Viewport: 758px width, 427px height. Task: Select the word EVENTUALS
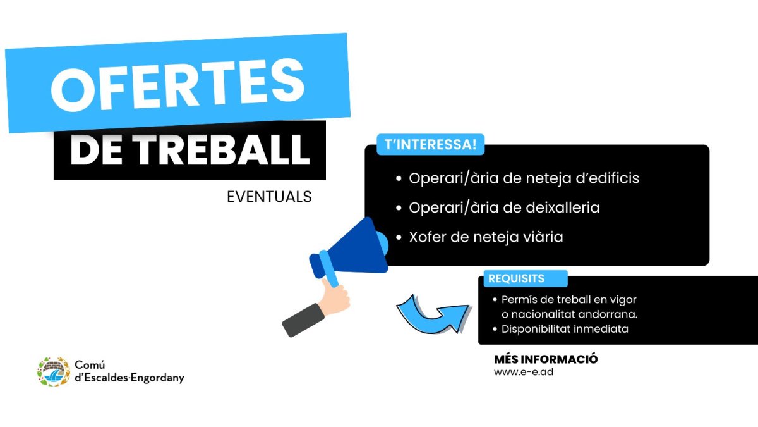pyautogui.click(x=269, y=197)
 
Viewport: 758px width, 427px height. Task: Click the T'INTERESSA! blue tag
pyautogui.click(x=430, y=144)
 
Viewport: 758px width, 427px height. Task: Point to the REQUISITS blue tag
pyautogui.click(x=516, y=278)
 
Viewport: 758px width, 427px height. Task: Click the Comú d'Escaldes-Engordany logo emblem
pyautogui.click(x=53, y=371)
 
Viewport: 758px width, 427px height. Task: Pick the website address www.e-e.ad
pyautogui.click(x=524, y=372)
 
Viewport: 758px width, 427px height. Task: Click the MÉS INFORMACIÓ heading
pyautogui.click(x=546, y=359)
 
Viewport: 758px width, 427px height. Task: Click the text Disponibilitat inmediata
pyautogui.click(x=565, y=329)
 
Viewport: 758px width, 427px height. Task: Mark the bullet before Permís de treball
pyautogui.click(x=495, y=300)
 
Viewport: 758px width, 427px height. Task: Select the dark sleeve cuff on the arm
pyautogui.click(x=303, y=319)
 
